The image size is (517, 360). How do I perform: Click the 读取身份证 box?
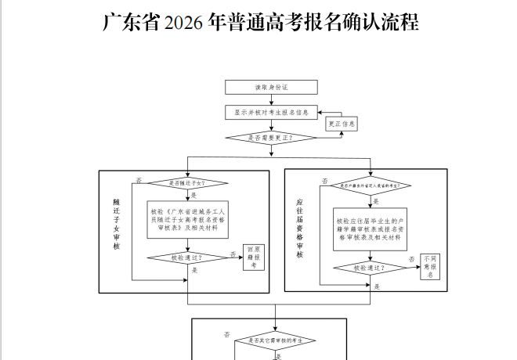click(x=271, y=87)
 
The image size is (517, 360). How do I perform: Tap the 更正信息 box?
click(x=342, y=124)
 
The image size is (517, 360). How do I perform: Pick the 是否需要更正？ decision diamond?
click(x=271, y=138)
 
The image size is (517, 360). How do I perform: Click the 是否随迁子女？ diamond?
click(x=187, y=183)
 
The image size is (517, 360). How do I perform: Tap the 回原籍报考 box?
click(x=253, y=257)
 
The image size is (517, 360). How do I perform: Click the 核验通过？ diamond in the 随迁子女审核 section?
click(x=187, y=257)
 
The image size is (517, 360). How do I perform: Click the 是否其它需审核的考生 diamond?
click(x=276, y=341)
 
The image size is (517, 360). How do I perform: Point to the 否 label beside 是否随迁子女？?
click(x=139, y=179)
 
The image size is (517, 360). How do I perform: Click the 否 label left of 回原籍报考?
click(x=233, y=254)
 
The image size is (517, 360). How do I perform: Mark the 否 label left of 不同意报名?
click(x=410, y=259)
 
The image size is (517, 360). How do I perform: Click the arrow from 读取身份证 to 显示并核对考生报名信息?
click(x=271, y=99)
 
